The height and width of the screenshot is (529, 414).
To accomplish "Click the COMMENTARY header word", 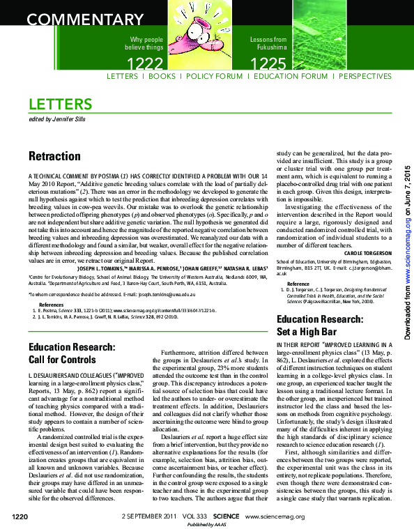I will [77, 19].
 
